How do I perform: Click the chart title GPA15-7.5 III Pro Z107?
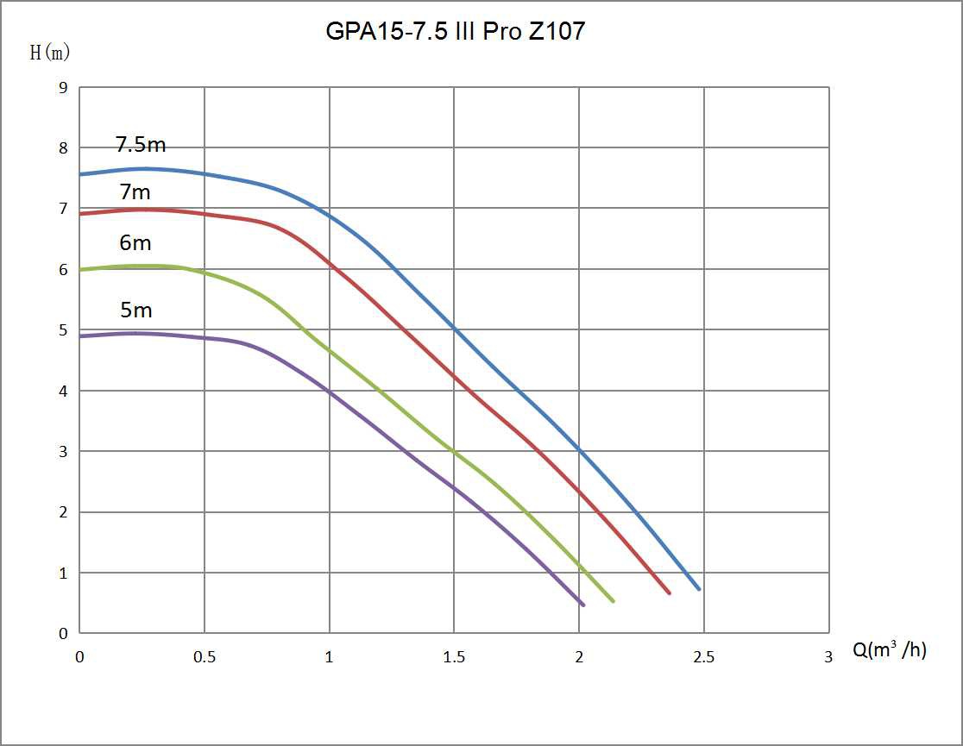pos(456,32)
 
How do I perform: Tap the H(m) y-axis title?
pos(50,53)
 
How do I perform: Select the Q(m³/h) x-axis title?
pos(890,650)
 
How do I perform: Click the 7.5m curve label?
pos(141,144)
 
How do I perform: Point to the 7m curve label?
pos(135,192)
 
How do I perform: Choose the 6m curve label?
pos(135,243)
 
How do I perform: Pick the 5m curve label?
pos(135,310)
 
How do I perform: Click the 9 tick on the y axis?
pos(63,87)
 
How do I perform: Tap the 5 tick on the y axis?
pos(63,330)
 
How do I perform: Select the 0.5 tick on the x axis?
pos(205,657)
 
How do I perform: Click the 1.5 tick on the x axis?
pos(454,657)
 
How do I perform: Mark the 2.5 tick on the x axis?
pos(704,657)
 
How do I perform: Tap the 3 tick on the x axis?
pos(828,657)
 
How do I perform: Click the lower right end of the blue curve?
pos(699,589)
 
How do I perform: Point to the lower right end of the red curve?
pos(669,592)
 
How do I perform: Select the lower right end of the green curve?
pos(613,601)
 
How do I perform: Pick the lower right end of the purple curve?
pos(583,605)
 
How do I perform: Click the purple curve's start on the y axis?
pos(80,336)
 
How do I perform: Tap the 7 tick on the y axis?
pos(63,209)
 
